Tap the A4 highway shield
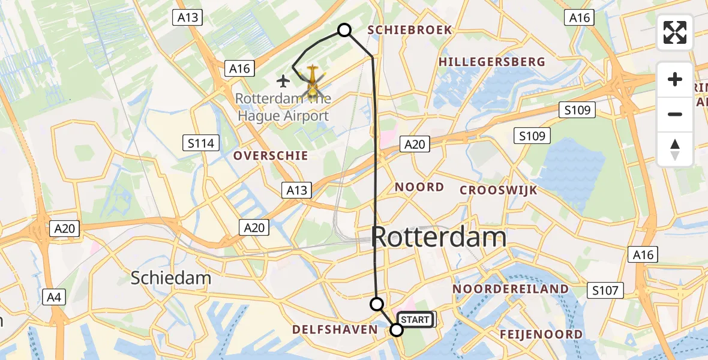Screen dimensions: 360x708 click(55, 296)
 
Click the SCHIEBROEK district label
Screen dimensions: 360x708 click(410, 30)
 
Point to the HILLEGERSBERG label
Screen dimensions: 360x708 click(492, 62)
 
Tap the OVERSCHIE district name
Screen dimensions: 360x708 click(271, 156)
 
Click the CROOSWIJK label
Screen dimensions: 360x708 click(499, 191)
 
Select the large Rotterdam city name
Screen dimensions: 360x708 click(439, 238)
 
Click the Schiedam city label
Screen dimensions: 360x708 click(171, 278)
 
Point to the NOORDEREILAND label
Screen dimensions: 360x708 click(511, 289)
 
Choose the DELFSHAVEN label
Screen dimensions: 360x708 click(335, 329)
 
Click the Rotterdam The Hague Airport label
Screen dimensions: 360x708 click(282, 107)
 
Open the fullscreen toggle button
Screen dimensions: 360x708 click(675, 32)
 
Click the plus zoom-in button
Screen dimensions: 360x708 click(675, 79)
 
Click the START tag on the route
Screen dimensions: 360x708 click(415, 320)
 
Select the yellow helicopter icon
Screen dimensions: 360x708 click(313, 83)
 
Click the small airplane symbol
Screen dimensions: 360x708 click(283, 80)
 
